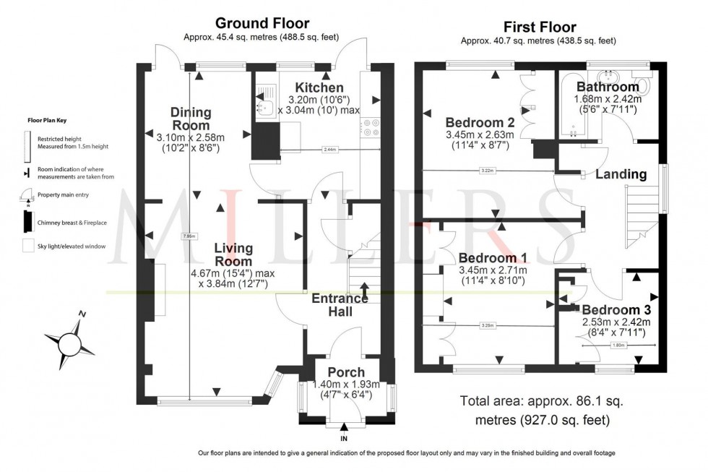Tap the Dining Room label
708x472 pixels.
click(x=191, y=119)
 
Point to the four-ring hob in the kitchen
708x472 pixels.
click(x=372, y=128)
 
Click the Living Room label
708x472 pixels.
click(x=233, y=254)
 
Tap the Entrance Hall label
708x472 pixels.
click(x=342, y=304)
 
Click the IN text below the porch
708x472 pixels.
click(x=344, y=438)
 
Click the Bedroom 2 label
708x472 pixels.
click(x=479, y=121)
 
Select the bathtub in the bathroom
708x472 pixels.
click(x=571, y=105)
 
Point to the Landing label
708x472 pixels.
click(x=621, y=174)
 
